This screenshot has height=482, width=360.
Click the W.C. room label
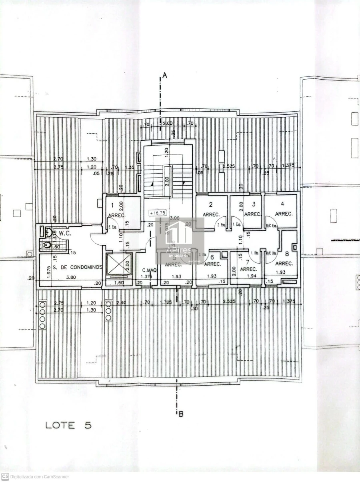64,233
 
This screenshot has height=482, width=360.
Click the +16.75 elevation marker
157,213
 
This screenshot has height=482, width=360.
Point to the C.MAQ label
149,270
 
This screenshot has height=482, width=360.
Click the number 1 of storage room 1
112,206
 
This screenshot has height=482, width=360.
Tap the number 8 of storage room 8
287,253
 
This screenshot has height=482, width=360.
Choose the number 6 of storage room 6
212,257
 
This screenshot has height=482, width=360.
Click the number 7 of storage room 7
248,262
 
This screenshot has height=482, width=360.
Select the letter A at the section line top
164,75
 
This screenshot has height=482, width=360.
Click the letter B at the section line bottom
181,414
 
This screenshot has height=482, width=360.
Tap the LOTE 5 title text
68,425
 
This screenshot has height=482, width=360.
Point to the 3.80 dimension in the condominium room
71,276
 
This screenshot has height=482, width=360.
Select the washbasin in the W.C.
48,231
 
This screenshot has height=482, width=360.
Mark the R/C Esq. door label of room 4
271,226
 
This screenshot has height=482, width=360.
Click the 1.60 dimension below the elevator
118,283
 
